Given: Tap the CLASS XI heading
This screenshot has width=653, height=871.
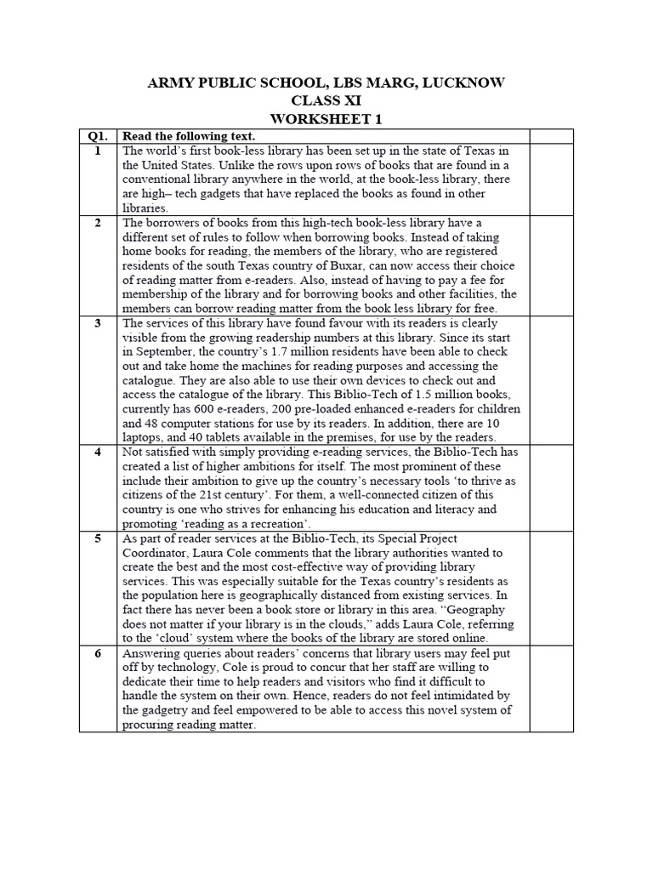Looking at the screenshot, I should (326, 100).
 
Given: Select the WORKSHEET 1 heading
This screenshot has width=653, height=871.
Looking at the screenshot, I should (326, 117).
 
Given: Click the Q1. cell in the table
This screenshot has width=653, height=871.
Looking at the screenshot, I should (98, 136).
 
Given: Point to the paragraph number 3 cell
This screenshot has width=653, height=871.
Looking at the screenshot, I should (98, 323).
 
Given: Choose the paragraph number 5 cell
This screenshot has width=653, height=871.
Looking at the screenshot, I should (98, 538).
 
